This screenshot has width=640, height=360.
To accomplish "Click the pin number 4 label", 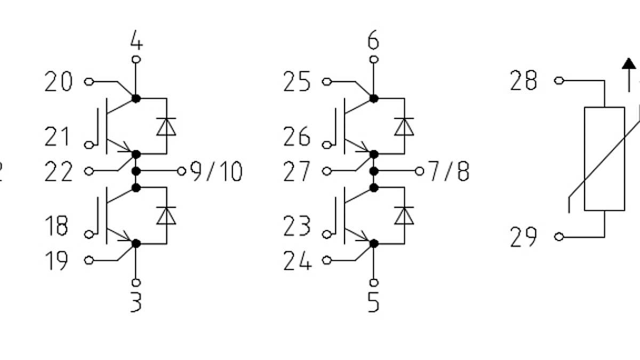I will click(137, 40).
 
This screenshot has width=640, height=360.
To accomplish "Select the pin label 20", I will click(58, 82).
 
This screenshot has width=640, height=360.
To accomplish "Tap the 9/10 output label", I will click(217, 172).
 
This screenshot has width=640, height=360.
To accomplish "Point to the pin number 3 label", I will click(136, 302).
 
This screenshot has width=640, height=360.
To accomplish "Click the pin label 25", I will click(297, 82).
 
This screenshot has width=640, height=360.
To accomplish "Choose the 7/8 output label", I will click(450, 172).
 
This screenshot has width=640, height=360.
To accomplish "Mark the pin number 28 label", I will click(523, 81).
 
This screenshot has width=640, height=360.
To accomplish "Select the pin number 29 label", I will click(523, 237).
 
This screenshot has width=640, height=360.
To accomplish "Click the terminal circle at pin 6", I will click(374, 59).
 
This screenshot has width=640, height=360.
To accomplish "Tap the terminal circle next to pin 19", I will click(89, 260).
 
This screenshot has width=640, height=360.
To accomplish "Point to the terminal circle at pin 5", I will click(374, 282).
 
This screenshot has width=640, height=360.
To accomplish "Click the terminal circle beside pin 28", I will click(558, 81).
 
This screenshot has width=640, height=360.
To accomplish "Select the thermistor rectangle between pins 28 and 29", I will click(604, 159).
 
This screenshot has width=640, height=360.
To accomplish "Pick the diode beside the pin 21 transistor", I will click(166, 126).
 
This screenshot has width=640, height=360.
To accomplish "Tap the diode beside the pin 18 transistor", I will click(166, 215).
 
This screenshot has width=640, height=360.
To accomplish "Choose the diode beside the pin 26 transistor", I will click(404, 126).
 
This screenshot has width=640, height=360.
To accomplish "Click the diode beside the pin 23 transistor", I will click(404, 215).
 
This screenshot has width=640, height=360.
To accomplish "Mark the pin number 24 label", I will click(297, 261).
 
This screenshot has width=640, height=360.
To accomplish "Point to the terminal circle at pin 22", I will click(89, 171).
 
